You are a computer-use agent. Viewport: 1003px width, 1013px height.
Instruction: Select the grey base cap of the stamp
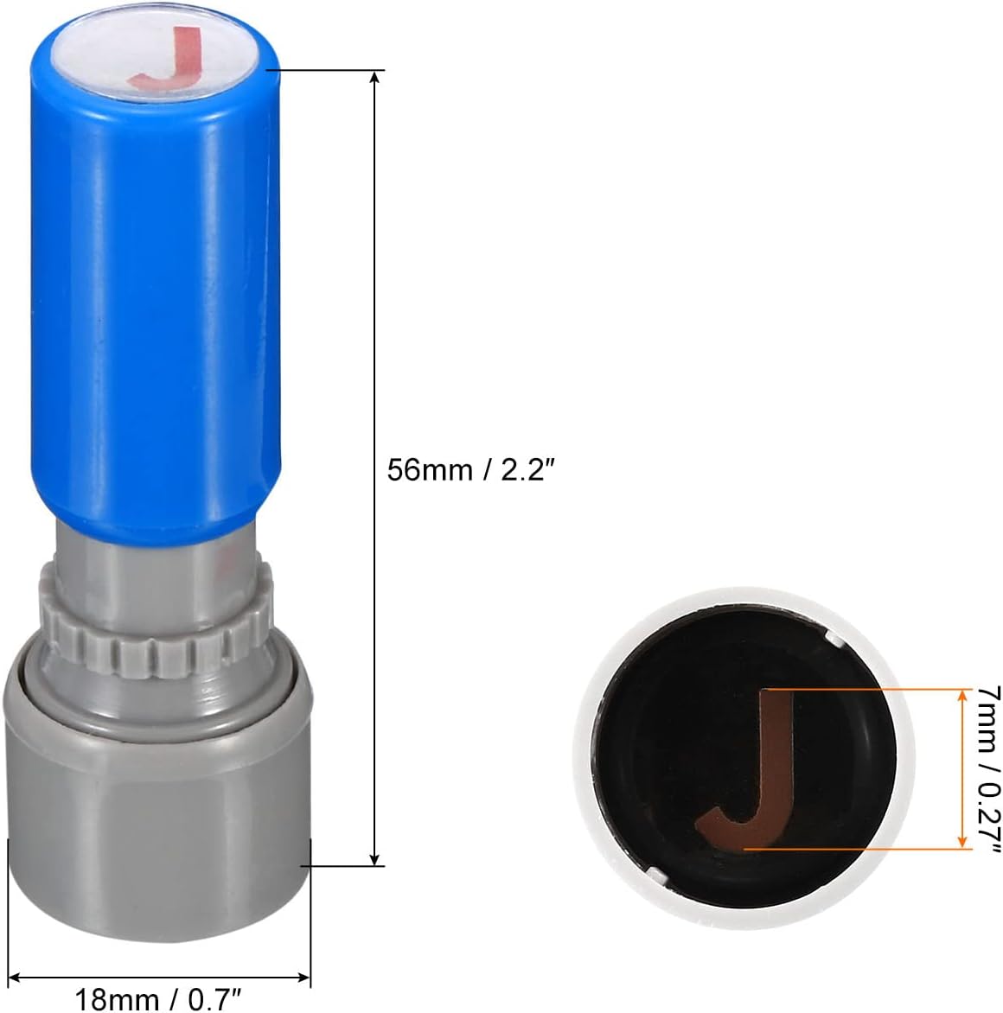[x=158, y=833]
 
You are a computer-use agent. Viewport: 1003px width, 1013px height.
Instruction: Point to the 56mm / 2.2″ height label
[x=471, y=469]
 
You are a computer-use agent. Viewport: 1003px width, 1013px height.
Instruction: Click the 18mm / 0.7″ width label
[x=158, y=999]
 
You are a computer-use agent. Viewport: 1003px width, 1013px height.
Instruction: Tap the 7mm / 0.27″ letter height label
[x=987, y=768]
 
